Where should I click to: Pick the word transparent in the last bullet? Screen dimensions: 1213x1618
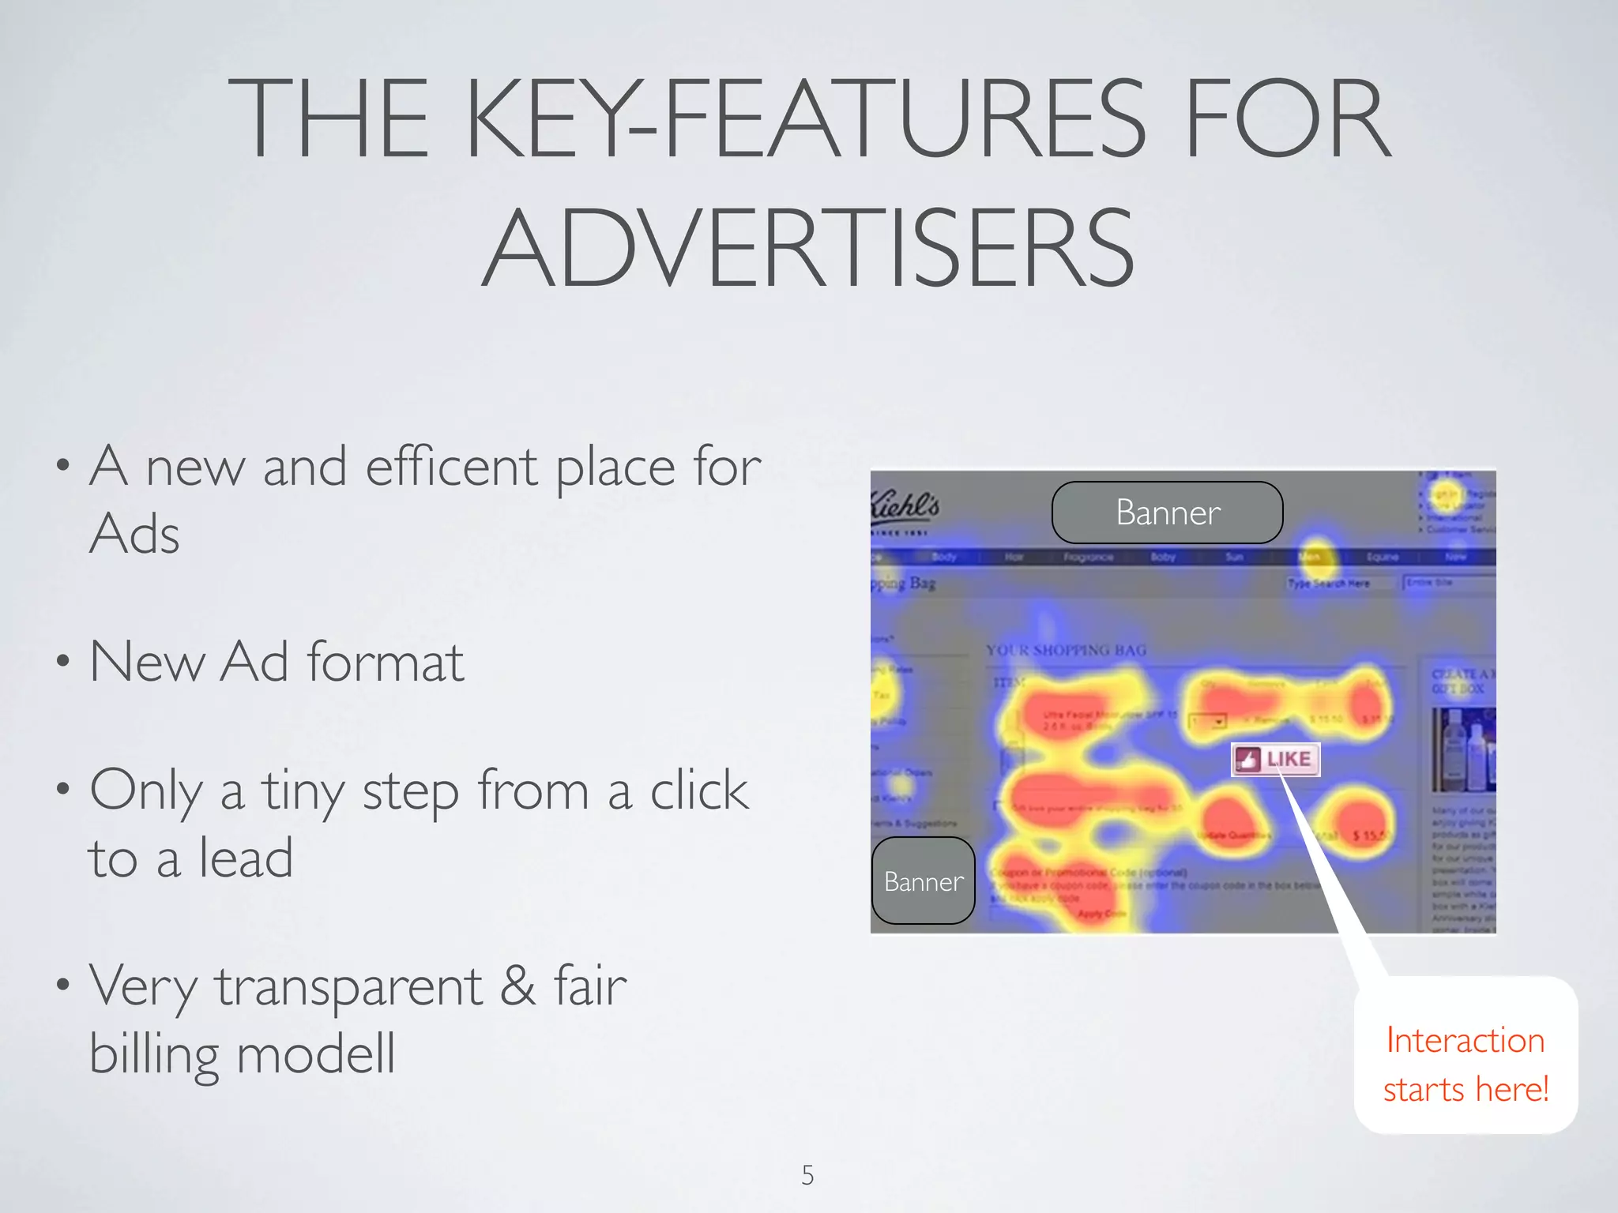348,986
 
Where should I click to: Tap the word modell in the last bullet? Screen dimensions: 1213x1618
315,1053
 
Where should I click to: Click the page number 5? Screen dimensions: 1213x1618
807,1175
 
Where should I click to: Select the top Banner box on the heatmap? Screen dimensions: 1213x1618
1167,513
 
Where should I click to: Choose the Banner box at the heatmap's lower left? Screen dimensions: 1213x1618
923,881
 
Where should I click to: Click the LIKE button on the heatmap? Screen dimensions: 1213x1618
1276,760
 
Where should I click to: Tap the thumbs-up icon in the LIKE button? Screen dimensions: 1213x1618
1247,760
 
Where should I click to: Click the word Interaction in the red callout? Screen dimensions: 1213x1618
1465,1041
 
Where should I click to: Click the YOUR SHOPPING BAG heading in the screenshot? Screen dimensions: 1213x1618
1066,651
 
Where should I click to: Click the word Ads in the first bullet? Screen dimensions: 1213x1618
135,534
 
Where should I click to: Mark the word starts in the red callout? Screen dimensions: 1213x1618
1424,1091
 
